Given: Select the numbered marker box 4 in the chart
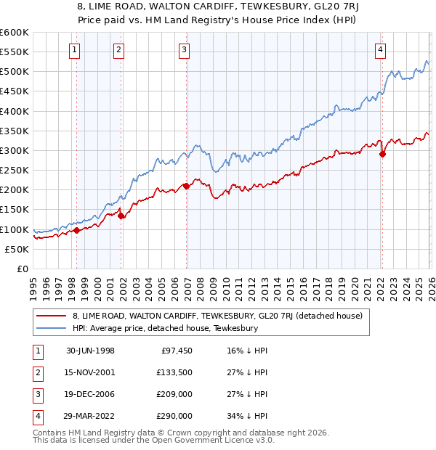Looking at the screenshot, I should coord(380,49).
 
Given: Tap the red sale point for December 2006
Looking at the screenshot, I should coord(186,186).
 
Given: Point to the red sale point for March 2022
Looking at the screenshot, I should coord(382,154).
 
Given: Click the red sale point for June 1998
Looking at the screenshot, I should coord(76,230).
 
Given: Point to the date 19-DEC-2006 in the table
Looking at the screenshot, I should coord(90,396).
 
